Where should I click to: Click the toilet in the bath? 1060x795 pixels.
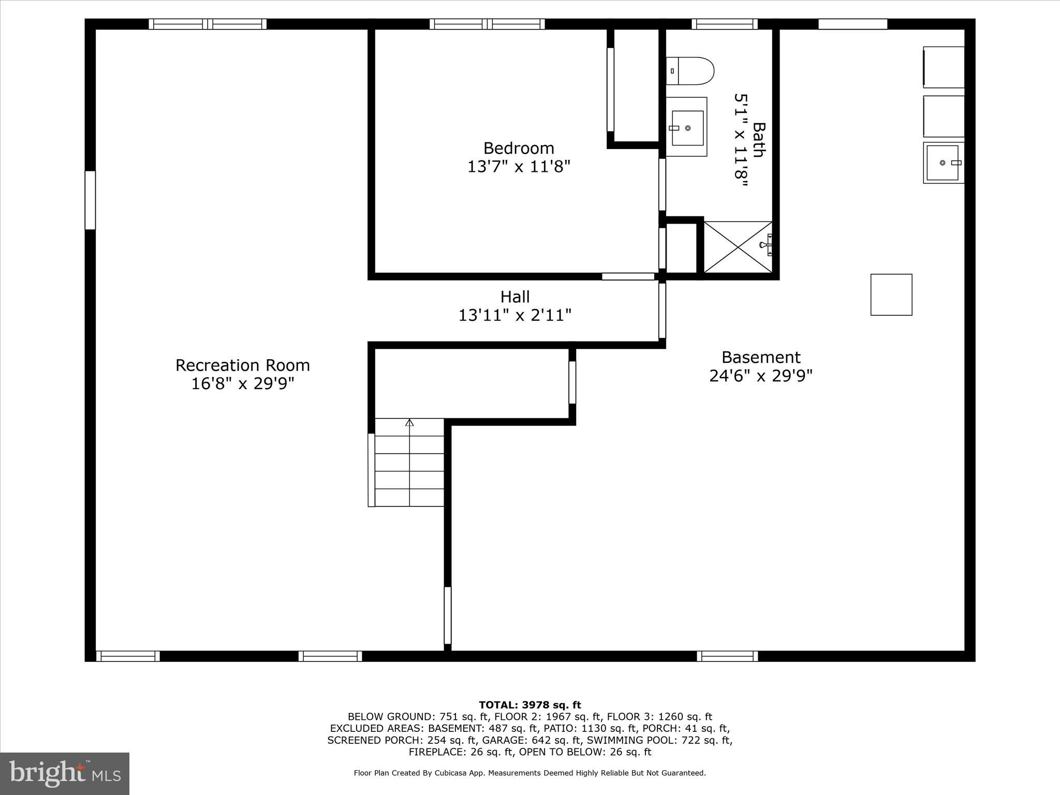[x=690, y=71]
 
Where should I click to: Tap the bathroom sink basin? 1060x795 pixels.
[x=687, y=128]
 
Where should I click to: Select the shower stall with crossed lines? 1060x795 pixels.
[x=738, y=247]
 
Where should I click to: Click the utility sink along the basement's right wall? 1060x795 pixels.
[x=943, y=163]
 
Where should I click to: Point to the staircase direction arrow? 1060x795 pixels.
[x=409, y=423]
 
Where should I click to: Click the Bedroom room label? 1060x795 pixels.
[x=519, y=149]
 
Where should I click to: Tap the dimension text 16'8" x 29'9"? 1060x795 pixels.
[x=243, y=384]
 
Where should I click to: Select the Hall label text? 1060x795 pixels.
[x=515, y=297]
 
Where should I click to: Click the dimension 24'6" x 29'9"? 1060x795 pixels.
[x=760, y=376]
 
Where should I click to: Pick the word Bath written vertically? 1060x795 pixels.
[x=759, y=140]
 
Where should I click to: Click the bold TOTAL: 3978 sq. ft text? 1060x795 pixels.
[x=529, y=705]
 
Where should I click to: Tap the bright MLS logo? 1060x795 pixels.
[x=65, y=773]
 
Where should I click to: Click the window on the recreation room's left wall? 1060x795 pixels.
[x=90, y=200]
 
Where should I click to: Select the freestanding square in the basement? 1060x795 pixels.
[x=891, y=295]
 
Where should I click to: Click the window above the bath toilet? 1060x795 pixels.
[x=725, y=24]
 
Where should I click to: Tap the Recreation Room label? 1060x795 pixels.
[x=243, y=365]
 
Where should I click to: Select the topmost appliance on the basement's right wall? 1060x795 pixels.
[x=944, y=67]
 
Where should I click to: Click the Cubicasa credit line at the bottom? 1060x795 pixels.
[x=529, y=773]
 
